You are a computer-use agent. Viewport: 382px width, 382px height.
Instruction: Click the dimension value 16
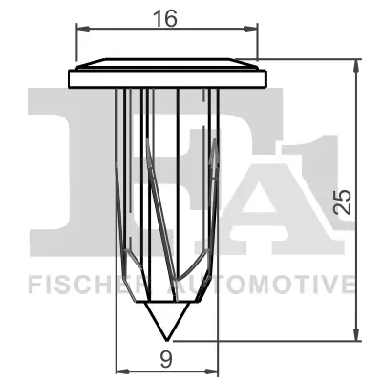(x=166, y=16)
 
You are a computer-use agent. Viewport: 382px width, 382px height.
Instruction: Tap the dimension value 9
(x=166, y=359)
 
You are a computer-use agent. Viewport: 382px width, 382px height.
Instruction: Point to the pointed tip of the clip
(x=167, y=337)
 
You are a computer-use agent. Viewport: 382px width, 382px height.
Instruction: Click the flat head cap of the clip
(x=167, y=75)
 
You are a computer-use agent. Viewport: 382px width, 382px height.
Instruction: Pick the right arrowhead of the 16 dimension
(x=255, y=30)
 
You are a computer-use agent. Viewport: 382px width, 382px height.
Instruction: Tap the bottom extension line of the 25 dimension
(x=286, y=339)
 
